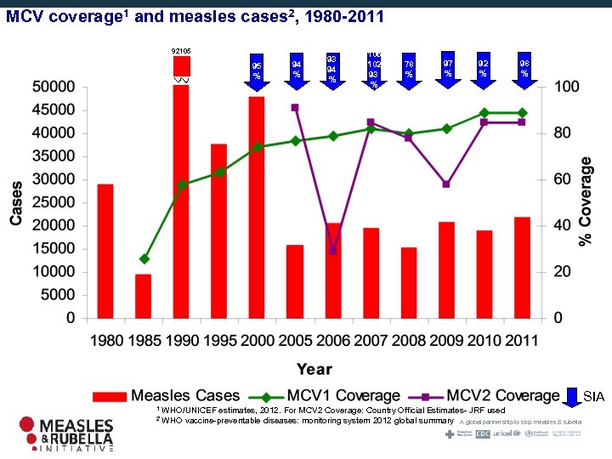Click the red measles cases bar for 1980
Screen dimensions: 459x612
[x=105, y=251]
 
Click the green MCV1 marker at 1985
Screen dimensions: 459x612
[x=144, y=258]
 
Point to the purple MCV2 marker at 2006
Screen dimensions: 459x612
[x=333, y=250]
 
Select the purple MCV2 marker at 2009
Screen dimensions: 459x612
[x=446, y=184]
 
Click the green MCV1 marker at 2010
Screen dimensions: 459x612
[x=484, y=112]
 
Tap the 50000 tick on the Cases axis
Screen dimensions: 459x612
[x=52, y=87]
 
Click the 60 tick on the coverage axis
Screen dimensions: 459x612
[x=562, y=179]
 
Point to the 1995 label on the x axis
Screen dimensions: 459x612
[x=218, y=340]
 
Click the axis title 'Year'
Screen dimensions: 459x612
[x=314, y=368]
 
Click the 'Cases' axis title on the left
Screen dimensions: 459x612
[x=16, y=202]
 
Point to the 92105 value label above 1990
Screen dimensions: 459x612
[x=181, y=52]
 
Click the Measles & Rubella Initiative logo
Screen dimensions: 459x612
[x=66, y=433]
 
